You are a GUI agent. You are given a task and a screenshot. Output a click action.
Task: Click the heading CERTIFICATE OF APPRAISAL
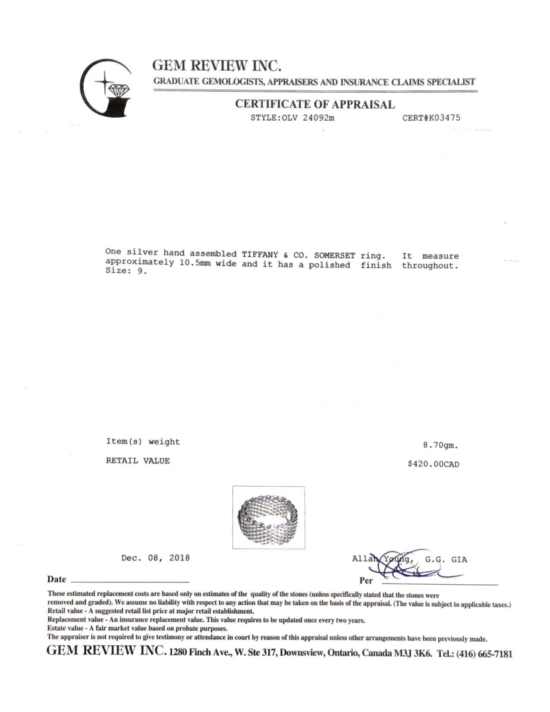click(314, 104)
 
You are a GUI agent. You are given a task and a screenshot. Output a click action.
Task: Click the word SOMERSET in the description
click(334, 255)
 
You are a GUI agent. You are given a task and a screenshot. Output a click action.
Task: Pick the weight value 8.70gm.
click(440, 445)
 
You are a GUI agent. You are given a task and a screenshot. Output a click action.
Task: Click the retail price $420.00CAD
click(434, 464)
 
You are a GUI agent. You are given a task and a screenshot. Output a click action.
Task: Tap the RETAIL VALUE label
click(138, 461)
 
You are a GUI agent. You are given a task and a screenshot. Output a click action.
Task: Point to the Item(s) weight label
click(143, 441)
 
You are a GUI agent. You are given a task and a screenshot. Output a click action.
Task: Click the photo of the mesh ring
click(268, 517)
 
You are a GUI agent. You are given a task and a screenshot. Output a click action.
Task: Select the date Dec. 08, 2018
click(155, 558)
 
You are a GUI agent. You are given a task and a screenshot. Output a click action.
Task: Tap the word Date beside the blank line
click(57, 579)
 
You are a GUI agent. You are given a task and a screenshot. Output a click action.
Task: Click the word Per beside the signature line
click(366, 580)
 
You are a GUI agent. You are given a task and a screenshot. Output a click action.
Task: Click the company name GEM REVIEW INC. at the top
click(217, 66)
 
